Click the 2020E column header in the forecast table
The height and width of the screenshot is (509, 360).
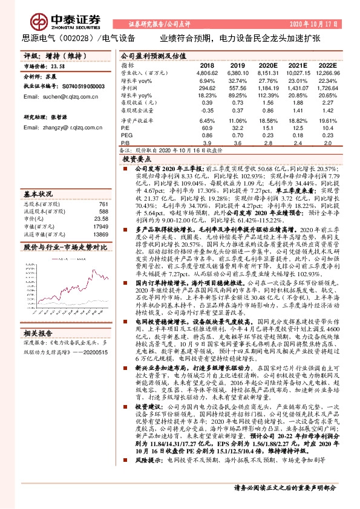(267, 64)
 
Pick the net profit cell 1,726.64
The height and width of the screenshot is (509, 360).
(326, 88)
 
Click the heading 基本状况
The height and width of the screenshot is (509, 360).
(38, 195)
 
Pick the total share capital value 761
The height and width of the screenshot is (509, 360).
(103, 204)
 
